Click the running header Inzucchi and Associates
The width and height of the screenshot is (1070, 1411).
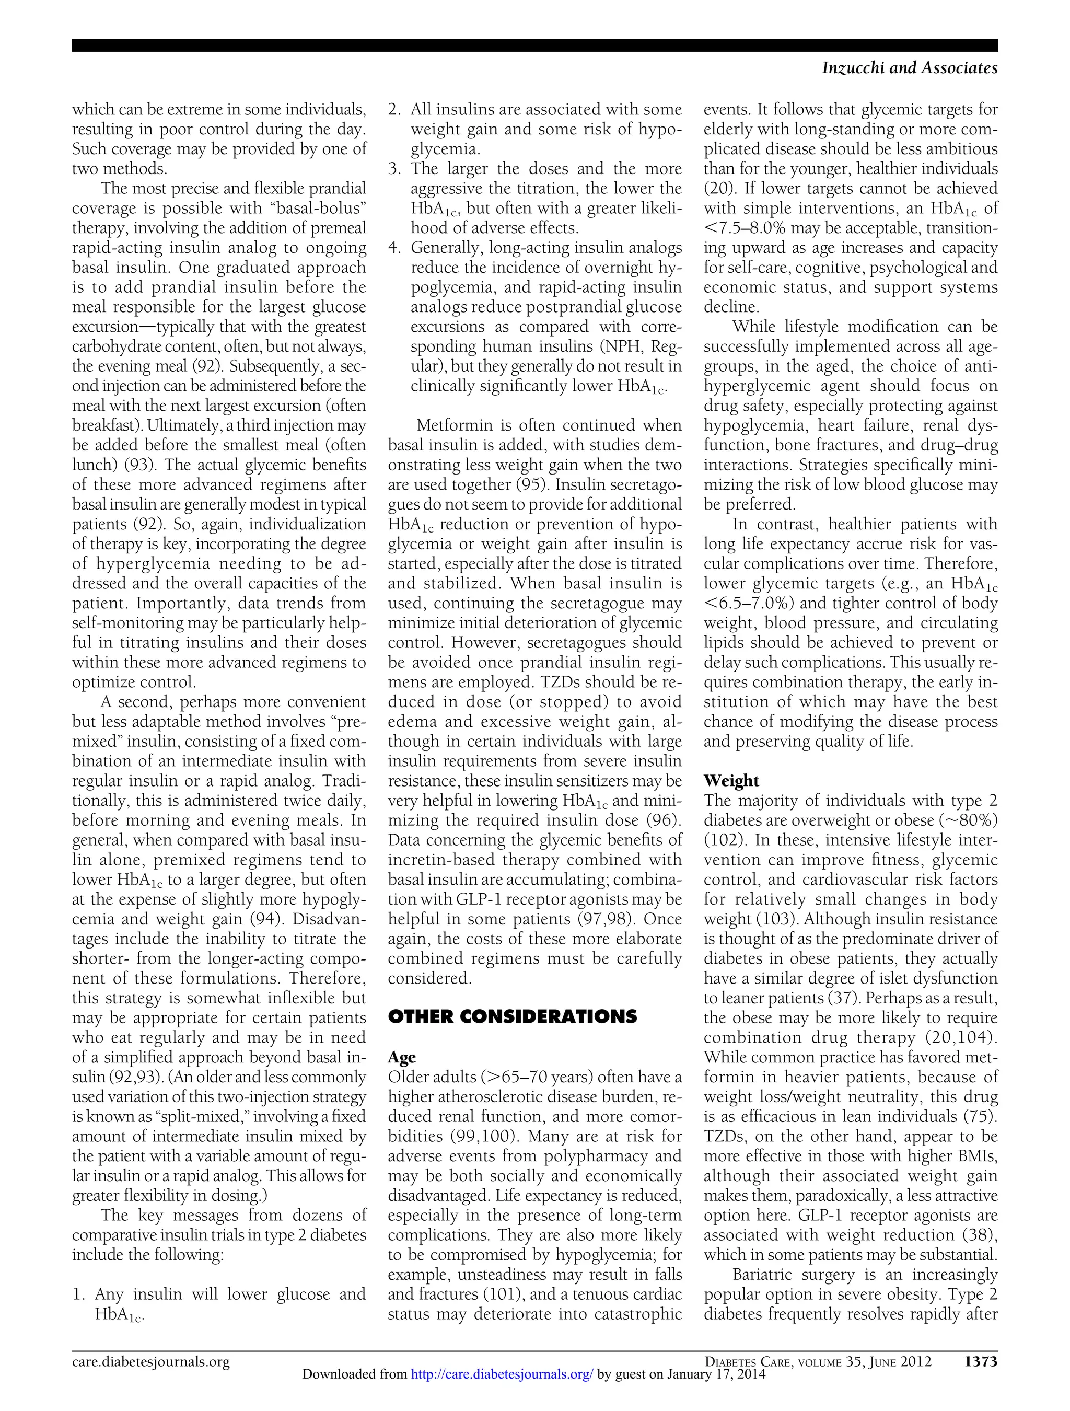909,67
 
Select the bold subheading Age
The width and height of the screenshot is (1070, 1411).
402,1057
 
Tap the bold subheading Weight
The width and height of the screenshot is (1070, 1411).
731,781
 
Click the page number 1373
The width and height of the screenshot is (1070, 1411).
980,1362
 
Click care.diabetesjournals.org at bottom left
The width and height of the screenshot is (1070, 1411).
150,1362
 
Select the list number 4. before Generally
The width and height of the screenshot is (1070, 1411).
394,248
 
